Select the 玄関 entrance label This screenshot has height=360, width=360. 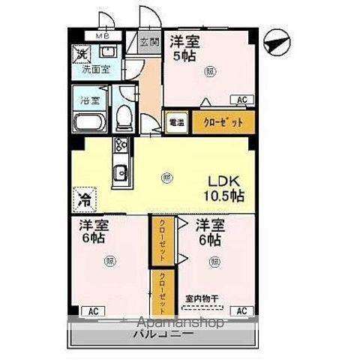pyautogui.click(x=149, y=43)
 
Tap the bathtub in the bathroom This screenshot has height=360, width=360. pyautogui.click(x=89, y=124)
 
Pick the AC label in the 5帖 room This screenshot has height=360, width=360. pyautogui.click(x=242, y=99)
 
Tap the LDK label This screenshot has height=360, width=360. pyautogui.click(x=223, y=181)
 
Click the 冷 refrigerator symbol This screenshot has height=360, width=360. pyautogui.click(x=82, y=200)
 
